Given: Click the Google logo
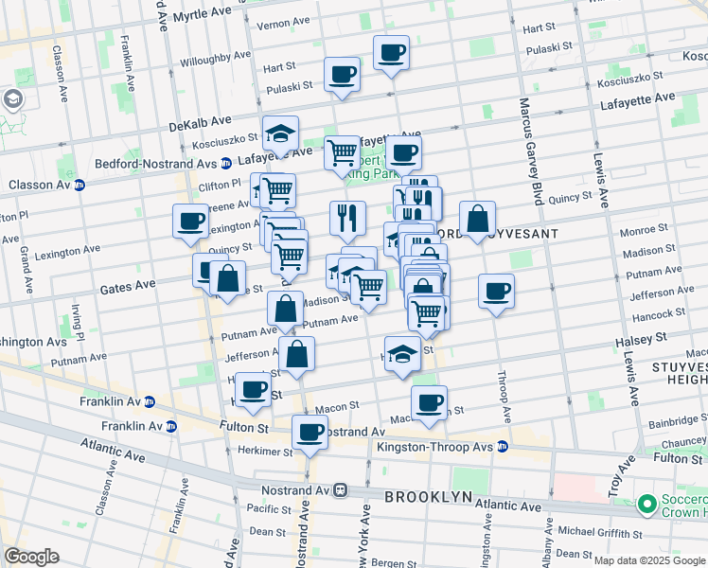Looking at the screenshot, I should pyautogui.click(x=31, y=556).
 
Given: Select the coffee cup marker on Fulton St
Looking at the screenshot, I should pyautogui.click(x=310, y=432).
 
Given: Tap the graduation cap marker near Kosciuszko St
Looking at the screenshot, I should pyautogui.click(x=281, y=133).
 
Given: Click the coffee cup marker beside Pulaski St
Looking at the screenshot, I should pyautogui.click(x=342, y=74).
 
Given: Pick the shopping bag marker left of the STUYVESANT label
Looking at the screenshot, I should pyautogui.click(x=478, y=219).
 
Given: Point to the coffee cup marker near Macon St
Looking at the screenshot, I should pyautogui.click(x=429, y=402).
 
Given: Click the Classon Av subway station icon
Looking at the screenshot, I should pyautogui.click(x=80, y=185).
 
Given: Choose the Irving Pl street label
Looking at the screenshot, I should pyautogui.click(x=80, y=324).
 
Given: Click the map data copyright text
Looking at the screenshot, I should pyautogui.click(x=649, y=560).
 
